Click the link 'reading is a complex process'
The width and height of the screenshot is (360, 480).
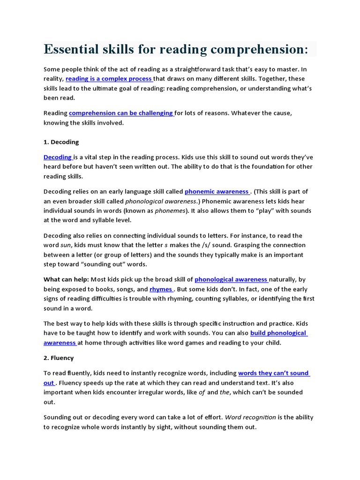tap(109, 79)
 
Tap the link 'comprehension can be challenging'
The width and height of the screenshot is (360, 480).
tap(121, 113)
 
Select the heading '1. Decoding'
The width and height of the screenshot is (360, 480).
tap(61, 142)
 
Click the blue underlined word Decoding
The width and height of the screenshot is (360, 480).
tap(57, 157)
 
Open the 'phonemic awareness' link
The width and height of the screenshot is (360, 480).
tap(217, 191)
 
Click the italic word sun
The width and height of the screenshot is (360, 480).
tap(66, 245)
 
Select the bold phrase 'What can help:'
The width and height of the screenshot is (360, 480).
tap(66, 279)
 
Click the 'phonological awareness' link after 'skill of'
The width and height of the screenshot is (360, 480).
tap(231, 279)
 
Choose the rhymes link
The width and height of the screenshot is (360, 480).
tap(161, 289)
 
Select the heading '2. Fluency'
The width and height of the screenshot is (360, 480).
tap(59, 358)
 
